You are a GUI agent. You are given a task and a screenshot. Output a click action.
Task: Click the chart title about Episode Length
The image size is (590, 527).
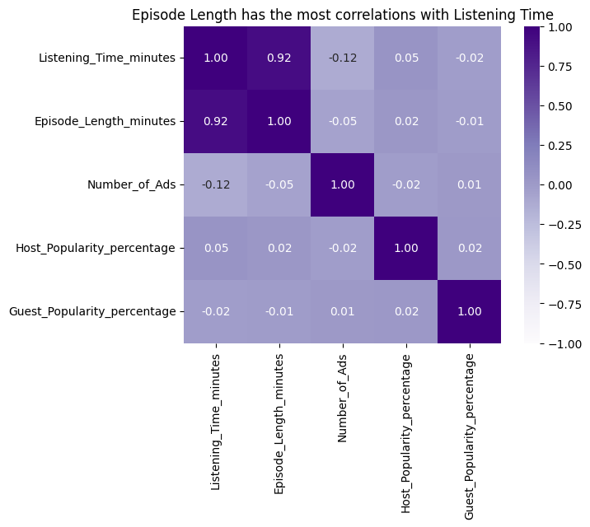pyautogui.click(x=342, y=14)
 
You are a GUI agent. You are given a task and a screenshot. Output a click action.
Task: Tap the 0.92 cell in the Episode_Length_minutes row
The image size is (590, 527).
pyautogui.click(x=215, y=121)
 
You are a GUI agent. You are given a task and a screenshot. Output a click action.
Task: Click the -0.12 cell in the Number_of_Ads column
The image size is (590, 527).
pyautogui.click(x=342, y=58)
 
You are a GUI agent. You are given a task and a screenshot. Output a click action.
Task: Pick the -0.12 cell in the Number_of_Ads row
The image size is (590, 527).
pyautogui.click(x=215, y=184)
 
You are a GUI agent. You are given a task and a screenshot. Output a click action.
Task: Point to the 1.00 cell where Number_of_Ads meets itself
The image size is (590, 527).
pyautogui.click(x=342, y=184)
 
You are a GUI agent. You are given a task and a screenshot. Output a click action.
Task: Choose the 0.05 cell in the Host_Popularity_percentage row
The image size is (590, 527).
pyautogui.click(x=215, y=248)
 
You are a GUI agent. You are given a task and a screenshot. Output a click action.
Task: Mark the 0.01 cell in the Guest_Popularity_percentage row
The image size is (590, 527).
pyautogui.click(x=342, y=311)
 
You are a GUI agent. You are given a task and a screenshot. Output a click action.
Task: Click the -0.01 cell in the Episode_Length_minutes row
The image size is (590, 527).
pyautogui.click(x=469, y=121)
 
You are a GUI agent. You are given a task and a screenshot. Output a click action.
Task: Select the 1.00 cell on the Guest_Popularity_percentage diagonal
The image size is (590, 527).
pyautogui.click(x=469, y=311)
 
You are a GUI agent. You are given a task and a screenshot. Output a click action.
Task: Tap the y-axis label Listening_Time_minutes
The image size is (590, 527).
pyautogui.click(x=107, y=58)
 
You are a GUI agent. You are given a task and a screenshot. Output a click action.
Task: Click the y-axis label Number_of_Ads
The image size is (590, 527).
pyautogui.click(x=131, y=184)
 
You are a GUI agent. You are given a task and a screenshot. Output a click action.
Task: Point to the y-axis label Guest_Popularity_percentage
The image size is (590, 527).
pyautogui.click(x=92, y=311)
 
